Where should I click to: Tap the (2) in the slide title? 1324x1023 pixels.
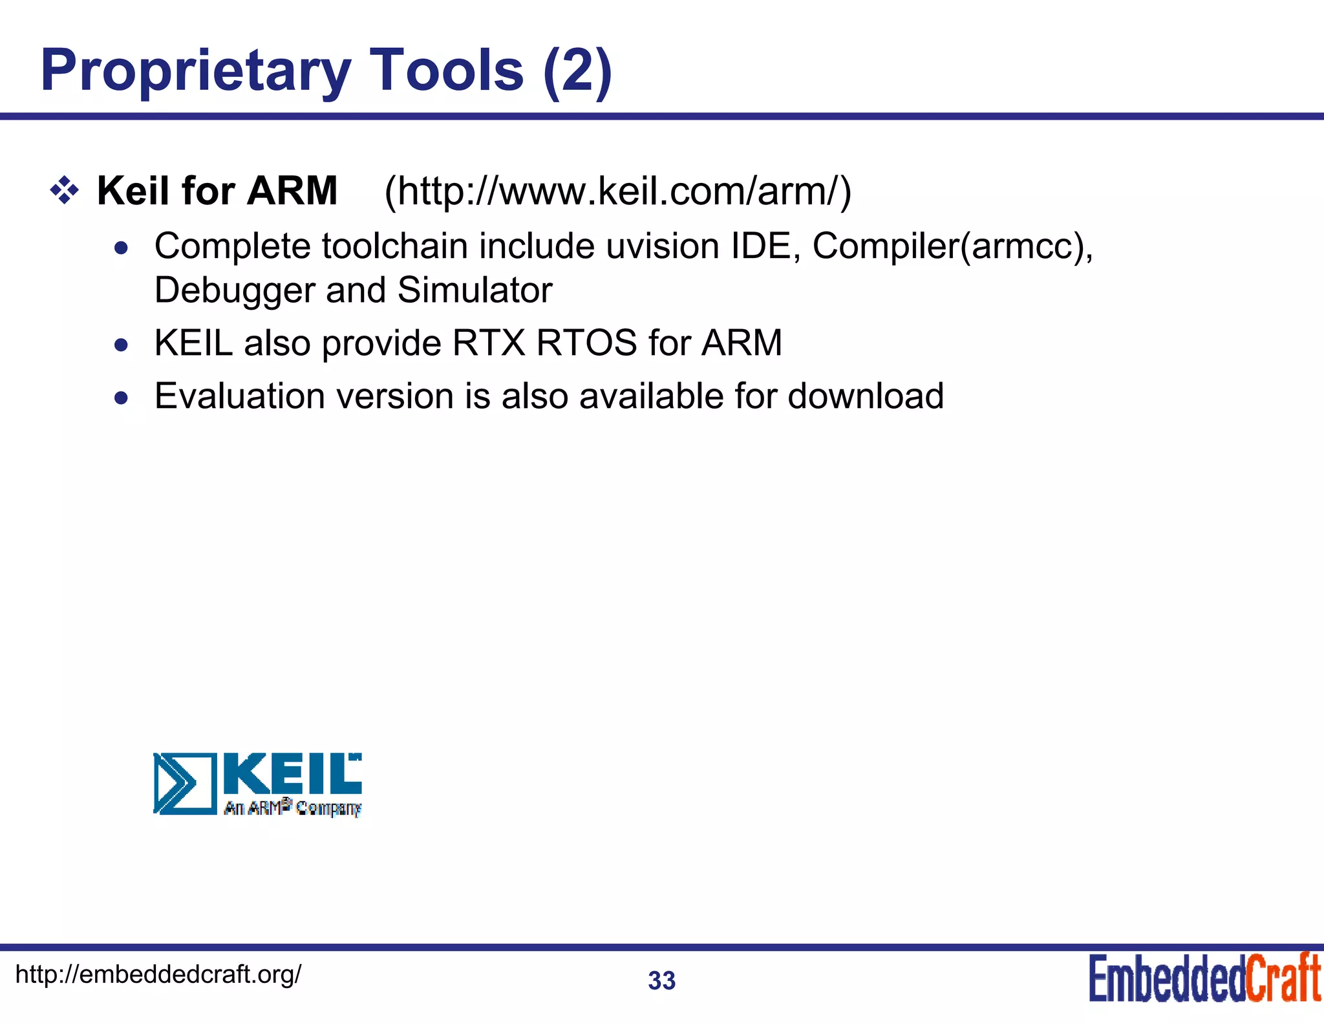pos(577,71)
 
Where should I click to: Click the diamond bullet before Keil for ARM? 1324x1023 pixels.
pos(64,191)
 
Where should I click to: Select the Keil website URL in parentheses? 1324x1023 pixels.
pos(618,191)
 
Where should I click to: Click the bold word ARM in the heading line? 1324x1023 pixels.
pos(292,191)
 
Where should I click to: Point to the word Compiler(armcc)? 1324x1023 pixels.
pos(952,246)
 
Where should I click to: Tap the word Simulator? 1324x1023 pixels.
pos(475,290)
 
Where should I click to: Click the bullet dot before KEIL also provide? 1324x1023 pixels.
pos(121,345)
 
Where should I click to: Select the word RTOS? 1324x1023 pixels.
pos(586,343)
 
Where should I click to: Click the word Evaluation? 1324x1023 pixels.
pos(240,396)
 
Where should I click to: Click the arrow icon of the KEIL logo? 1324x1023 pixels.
pos(184,783)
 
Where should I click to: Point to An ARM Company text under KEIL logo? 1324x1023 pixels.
pos(293,808)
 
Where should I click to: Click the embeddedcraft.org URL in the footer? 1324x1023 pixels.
pos(158,974)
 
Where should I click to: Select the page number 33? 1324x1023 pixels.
pos(661,981)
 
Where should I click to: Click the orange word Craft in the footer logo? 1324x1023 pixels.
pos(1283,978)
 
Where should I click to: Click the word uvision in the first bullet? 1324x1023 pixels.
pos(663,246)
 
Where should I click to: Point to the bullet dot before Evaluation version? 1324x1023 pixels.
pos(121,398)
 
